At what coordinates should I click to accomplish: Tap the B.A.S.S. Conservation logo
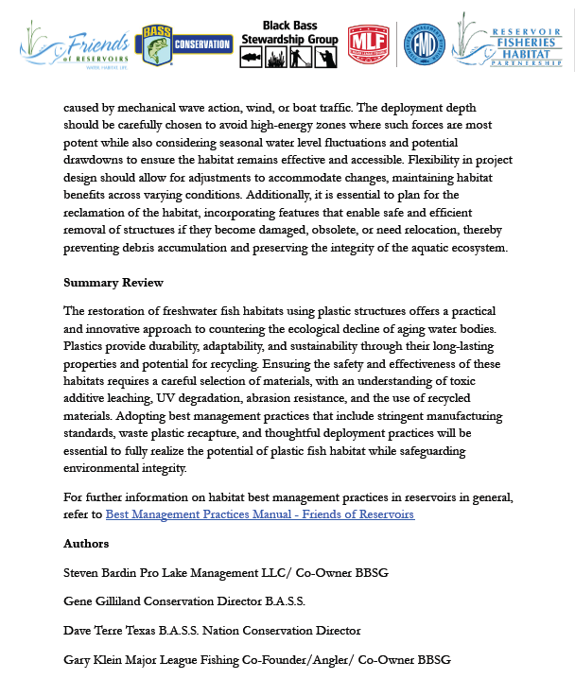click(x=185, y=44)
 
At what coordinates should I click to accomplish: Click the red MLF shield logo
click(x=368, y=44)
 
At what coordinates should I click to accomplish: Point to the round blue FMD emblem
click(x=424, y=44)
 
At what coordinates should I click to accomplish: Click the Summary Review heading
click(x=113, y=283)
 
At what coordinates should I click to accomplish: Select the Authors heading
click(x=86, y=544)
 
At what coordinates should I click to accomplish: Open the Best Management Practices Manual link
click(x=259, y=514)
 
